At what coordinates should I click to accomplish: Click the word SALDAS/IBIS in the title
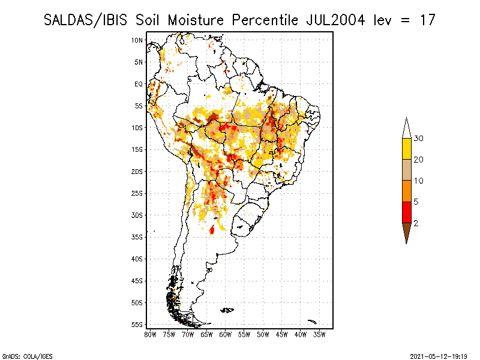click(85, 20)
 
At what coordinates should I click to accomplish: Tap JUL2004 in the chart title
click(335, 20)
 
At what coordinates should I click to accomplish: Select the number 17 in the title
click(428, 20)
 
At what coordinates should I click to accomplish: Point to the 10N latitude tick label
click(137, 40)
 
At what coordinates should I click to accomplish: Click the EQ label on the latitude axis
click(139, 84)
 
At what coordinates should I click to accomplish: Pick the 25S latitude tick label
click(137, 193)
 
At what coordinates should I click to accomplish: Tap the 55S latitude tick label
click(137, 325)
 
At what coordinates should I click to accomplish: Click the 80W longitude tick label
click(151, 335)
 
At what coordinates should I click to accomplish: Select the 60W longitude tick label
click(226, 335)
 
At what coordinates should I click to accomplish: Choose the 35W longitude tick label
click(319, 335)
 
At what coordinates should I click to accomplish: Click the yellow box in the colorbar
click(407, 149)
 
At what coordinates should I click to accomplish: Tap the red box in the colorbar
click(407, 212)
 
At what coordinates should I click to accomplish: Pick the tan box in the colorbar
click(407, 170)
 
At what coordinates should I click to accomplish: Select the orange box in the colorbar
click(407, 191)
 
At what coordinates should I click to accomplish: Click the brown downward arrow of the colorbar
click(407, 232)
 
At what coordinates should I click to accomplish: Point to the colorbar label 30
click(418, 139)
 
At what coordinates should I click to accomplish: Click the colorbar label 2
click(416, 223)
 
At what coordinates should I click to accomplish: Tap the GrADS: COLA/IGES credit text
click(28, 356)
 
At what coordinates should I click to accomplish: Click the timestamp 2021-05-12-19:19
click(439, 356)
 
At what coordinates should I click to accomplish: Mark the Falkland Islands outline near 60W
click(227, 310)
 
